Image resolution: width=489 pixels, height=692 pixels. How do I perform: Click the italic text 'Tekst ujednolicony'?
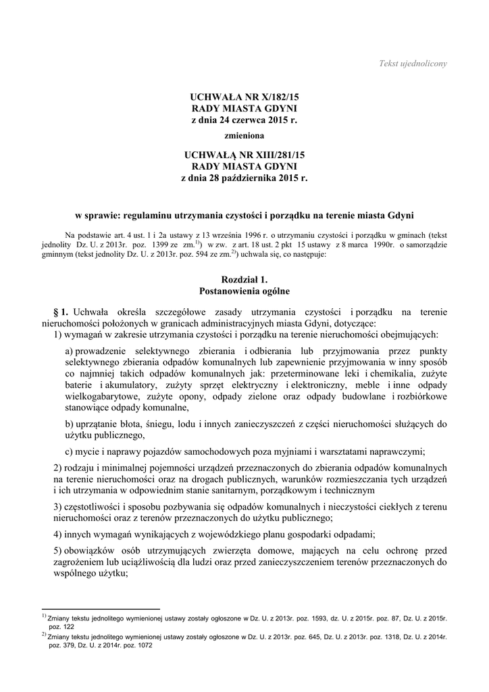point(413,64)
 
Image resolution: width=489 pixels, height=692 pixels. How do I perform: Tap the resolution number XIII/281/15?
point(269,155)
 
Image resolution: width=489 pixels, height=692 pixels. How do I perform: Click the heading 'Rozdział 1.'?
point(244,279)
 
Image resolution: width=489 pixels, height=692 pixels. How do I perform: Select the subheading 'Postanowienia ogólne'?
point(244,291)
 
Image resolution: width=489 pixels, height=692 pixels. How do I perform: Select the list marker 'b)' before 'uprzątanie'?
point(70,424)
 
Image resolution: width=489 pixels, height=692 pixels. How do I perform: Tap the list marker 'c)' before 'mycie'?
point(70,452)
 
